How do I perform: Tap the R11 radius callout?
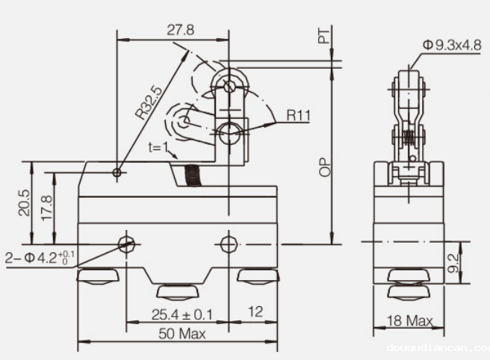[x=299, y=115]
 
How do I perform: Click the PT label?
[x=324, y=34]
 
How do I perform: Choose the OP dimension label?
[x=324, y=166]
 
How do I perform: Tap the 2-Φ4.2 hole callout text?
[x=40, y=258]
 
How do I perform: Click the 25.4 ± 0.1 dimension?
[x=182, y=314]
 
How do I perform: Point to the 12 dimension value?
[x=255, y=312]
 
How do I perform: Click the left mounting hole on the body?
[x=127, y=243]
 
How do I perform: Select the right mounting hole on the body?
[x=228, y=243]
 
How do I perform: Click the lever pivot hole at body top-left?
[x=117, y=173]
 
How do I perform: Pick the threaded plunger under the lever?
[x=192, y=177]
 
